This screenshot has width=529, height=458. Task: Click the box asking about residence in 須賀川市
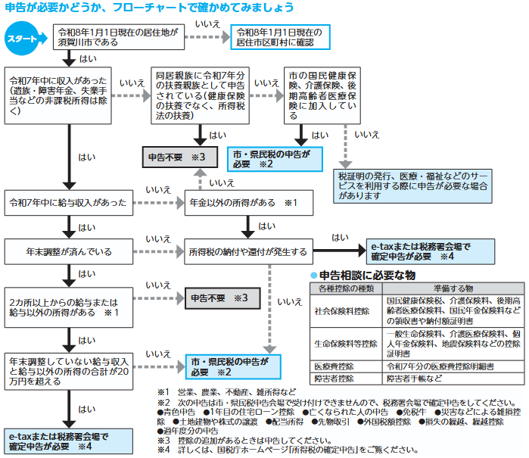pos(117,38)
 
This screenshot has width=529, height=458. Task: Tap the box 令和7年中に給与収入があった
pos(68,203)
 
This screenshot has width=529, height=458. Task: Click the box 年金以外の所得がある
pos(245,203)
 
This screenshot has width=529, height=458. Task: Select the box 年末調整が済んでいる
pos(68,251)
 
